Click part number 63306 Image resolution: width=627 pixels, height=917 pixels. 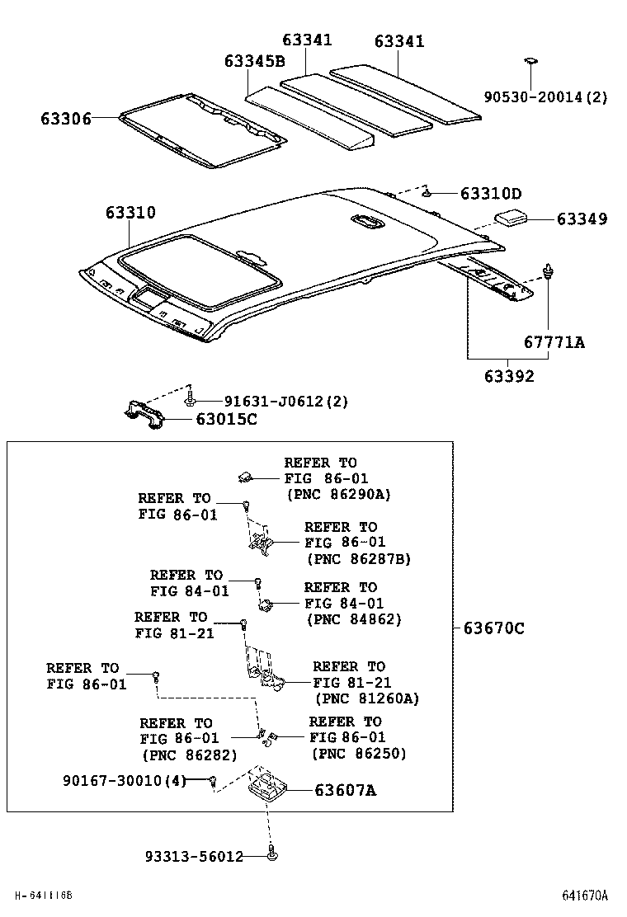point(65,119)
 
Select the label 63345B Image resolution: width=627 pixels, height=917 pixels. point(254,62)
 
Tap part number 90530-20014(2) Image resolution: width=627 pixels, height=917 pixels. point(545,97)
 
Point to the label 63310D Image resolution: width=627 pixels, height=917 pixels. point(491,194)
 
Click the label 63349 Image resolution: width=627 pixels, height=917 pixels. point(582,219)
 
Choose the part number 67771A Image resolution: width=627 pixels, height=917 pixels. point(554,341)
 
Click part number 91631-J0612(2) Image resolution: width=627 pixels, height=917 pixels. point(286,402)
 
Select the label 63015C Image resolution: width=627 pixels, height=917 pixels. point(226,420)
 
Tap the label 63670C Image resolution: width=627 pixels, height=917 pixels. point(493,628)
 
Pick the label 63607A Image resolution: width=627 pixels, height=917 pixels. point(345,790)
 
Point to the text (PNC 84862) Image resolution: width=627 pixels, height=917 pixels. point(353,619)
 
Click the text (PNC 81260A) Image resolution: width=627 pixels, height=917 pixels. point(366,698)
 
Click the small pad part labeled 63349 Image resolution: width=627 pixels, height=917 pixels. point(511,218)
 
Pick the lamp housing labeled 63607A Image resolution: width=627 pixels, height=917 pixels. point(267,783)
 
